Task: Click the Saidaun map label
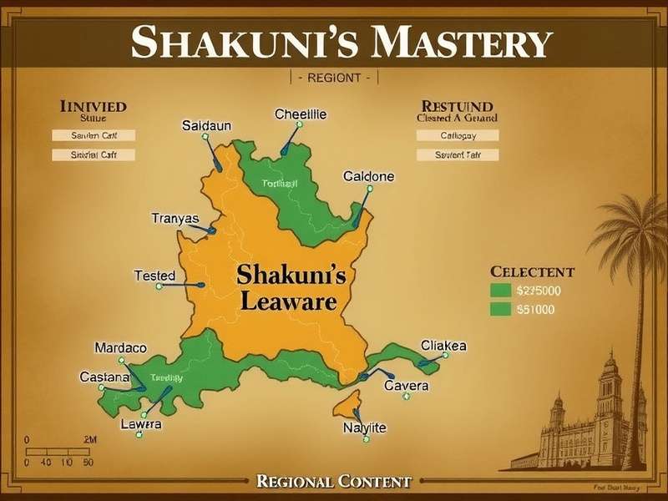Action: click(206, 125)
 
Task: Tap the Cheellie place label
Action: click(301, 114)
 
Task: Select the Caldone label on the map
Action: click(368, 177)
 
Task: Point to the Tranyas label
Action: click(175, 219)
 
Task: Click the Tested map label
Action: click(154, 276)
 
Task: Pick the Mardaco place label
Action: click(120, 347)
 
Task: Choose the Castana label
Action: click(104, 377)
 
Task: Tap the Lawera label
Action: click(140, 425)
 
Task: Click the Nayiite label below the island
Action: click(365, 428)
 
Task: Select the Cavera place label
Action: click(406, 386)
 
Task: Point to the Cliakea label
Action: click(443, 346)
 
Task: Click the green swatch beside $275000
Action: click(500, 291)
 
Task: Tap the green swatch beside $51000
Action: click(500, 309)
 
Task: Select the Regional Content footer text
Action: click(334, 481)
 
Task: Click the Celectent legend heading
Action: click(532, 272)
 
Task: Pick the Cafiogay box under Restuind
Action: click(457, 135)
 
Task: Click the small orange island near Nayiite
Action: click(345, 407)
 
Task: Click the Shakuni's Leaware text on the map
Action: click(288, 286)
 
